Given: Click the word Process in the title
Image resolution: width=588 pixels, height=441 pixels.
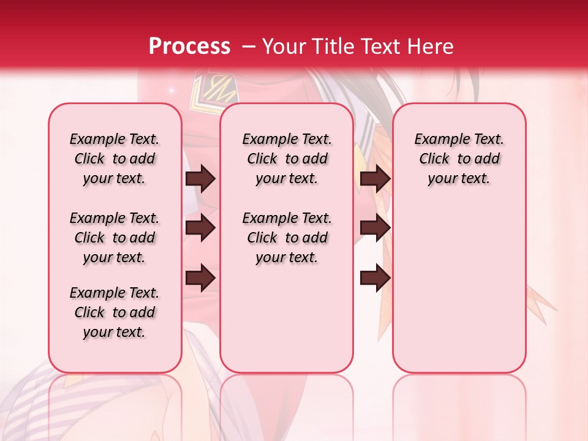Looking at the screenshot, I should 189,47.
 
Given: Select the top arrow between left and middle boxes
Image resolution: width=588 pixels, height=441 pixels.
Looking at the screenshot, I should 200,179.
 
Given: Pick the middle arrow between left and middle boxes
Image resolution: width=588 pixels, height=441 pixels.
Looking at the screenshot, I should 200,228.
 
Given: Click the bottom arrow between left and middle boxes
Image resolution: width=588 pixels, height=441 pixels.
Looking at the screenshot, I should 200,277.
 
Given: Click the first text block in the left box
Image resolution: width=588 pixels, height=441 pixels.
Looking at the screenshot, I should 115,159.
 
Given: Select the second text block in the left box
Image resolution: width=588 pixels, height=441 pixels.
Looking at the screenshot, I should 115,238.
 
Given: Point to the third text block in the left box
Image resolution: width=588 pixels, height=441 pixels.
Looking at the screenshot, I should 115,312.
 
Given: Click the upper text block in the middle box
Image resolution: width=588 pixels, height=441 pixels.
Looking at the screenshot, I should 287,159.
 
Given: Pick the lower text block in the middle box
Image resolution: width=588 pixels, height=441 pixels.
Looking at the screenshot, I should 287,238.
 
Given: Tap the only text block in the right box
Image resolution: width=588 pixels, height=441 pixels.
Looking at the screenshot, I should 459,159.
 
